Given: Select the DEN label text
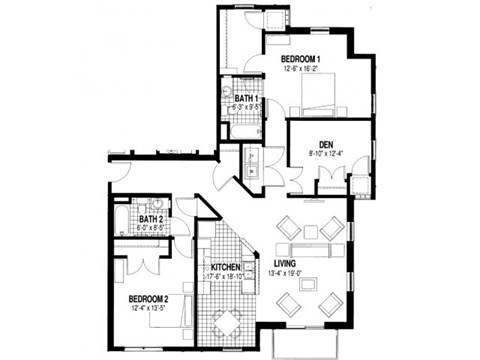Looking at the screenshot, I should [x=325, y=142].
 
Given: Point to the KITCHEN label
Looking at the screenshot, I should [x=224, y=269].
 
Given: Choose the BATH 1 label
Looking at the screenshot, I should [x=248, y=99].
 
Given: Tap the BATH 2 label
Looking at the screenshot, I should [x=151, y=218].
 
